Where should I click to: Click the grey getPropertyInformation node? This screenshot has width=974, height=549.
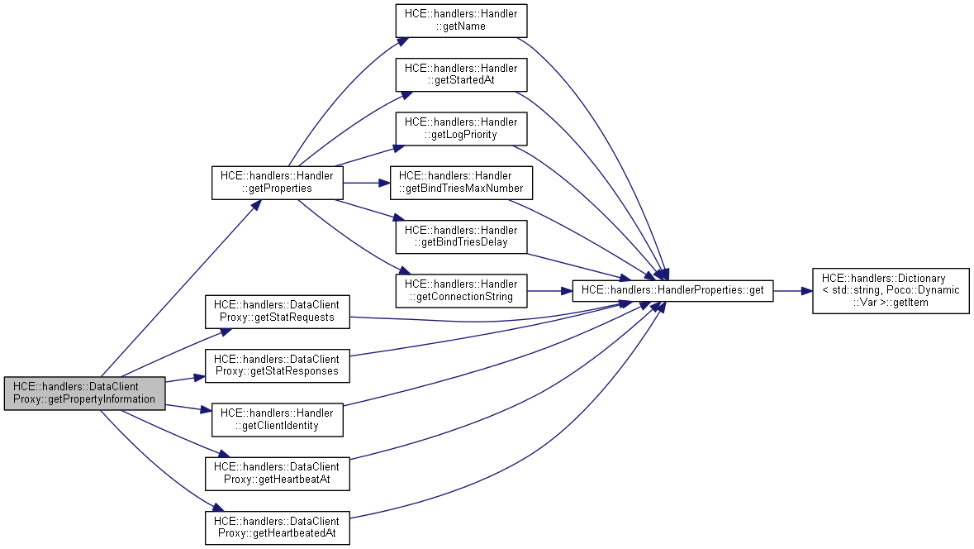(84, 393)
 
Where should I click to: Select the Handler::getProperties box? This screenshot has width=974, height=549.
(277, 182)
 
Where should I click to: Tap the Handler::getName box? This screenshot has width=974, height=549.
(461, 20)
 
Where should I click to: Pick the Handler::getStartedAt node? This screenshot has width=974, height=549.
(461, 74)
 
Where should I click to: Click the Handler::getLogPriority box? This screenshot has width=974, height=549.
(461, 128)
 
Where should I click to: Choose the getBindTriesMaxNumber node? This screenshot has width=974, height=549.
(461, 182)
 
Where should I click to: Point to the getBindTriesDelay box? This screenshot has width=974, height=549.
(461, 236)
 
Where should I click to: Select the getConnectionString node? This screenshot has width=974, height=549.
(461, 290)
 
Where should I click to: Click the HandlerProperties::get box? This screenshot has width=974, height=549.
(673, 290)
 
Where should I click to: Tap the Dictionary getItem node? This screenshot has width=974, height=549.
(891, 290)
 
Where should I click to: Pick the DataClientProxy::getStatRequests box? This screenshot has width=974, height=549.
(277, 311)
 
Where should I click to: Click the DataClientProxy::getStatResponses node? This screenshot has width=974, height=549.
(277, 365)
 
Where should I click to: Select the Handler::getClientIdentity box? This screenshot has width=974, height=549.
(277, 419)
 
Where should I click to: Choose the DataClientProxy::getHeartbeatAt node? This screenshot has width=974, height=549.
(277, 473)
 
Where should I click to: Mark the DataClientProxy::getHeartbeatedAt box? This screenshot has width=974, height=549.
(277, 528)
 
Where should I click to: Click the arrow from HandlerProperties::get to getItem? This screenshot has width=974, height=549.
(792, 290)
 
